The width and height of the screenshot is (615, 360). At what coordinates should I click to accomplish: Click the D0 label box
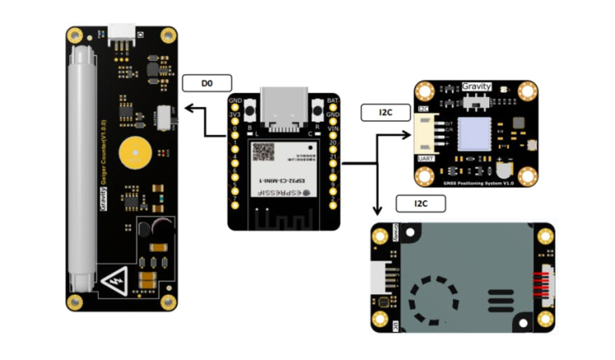206,83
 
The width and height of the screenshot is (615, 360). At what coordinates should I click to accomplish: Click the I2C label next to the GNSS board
386,113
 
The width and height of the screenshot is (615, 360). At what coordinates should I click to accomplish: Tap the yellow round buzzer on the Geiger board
134,154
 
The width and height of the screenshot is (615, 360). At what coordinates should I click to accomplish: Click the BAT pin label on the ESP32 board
333,101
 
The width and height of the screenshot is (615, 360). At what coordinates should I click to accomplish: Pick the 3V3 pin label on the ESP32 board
235,114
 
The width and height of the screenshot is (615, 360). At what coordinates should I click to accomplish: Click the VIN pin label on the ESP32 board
333,128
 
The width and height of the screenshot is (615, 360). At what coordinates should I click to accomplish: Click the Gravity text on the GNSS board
477,86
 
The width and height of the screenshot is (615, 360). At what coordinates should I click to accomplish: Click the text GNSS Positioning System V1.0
479,181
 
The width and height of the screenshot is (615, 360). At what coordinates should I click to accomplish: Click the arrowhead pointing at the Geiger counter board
187,108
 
